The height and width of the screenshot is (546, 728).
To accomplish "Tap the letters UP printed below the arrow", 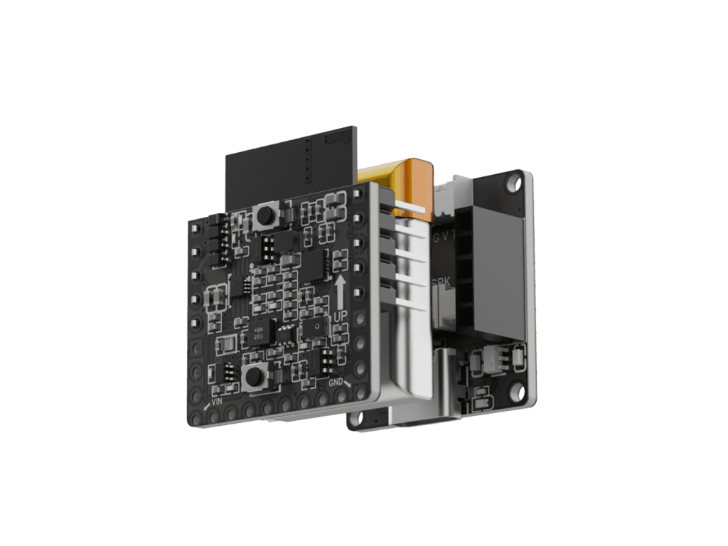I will click(341, 314).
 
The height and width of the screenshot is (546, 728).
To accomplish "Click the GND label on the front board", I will click(336, 382).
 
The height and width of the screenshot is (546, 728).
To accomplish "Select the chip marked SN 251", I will click(259, 333).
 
